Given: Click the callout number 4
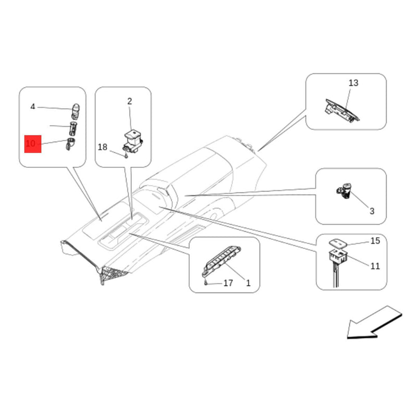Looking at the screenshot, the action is point(33,107).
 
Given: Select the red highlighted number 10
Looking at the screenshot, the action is point(31,144).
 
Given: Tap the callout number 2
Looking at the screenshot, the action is point(129,101).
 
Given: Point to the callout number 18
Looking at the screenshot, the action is point(102,147).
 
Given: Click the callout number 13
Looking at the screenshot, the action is point(353,83).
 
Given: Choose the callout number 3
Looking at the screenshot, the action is point(372,211).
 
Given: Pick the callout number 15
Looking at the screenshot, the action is point(375,241).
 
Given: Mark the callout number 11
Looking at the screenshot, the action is point(375,266).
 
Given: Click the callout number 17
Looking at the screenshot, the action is point(228,283).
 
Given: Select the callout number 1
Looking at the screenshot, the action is point(248,283).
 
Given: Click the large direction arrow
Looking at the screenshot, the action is point(374,323).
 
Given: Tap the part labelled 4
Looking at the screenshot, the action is point(76,111).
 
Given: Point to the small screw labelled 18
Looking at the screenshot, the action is point(126,155).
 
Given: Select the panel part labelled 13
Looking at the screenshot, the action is point(342,111).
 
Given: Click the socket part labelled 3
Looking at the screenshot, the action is point(345,191).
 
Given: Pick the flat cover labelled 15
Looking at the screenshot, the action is point(338,243).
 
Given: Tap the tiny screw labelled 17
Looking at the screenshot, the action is point(206,283).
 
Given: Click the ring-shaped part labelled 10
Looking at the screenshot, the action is point(70,144).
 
